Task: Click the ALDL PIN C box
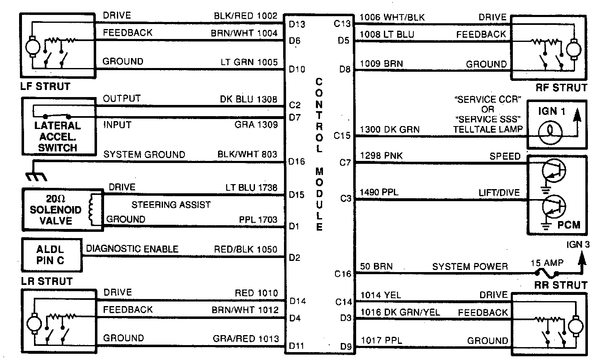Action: [x=51, y=255]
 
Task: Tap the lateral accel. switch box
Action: [x=58, y=127]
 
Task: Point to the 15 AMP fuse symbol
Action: [x=547, y=274]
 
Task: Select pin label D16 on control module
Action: [x=297, y=162]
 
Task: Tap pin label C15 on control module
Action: [x=342, y=136]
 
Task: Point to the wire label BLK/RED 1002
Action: [x=245, y=16]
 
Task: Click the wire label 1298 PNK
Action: [x=381, y=156]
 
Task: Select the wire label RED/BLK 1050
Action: [x=245, y=249]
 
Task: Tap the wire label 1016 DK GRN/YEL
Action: [x=400, y=312]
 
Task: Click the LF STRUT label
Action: [x=46, y=87]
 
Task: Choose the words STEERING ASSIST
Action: [x=171, y=204]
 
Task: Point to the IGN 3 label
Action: [x=578, y=244]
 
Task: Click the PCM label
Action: [x=569, y=225]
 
